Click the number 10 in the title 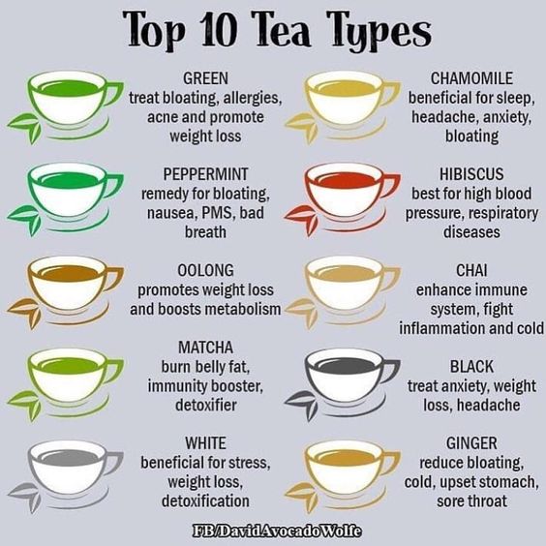pos(219,30)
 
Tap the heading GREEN pos(205,78)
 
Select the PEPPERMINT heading pos(205,174)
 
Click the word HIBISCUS pos(471,174)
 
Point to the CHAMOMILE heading pos(471,78)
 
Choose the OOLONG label pos(205,270)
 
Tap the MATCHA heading pos(205,348)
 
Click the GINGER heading pos(471,443)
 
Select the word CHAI pos(471,270)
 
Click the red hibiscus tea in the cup pos(347,181)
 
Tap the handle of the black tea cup pos(389,370)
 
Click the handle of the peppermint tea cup pos(112,185)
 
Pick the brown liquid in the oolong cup pos(70,274)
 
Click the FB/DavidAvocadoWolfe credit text pos(277,531)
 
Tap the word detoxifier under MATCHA pos(206,405)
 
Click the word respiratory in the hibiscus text pos(503,214)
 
